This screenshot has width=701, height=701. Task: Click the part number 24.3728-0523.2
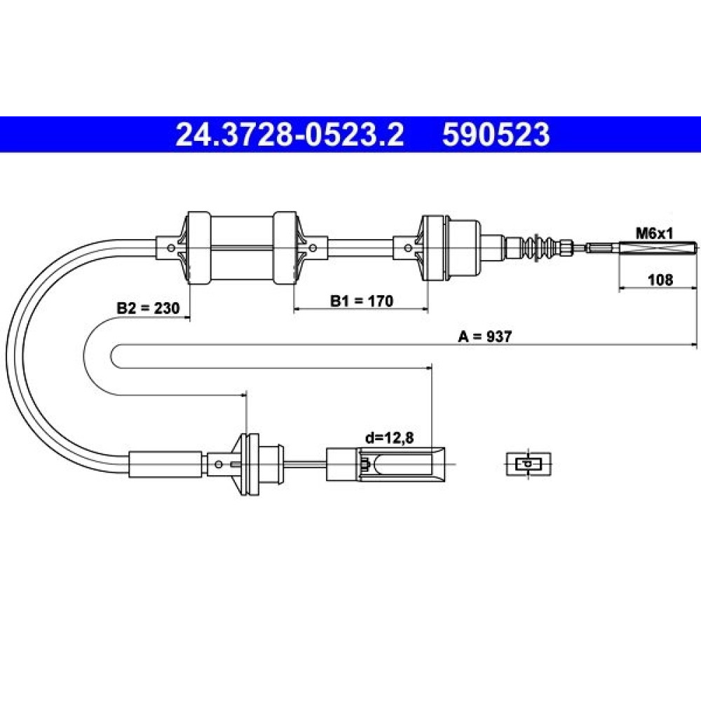pyautogui.click(x=290, y=135)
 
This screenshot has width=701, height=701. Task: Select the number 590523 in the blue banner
pyautogui.click(x=496, y=135)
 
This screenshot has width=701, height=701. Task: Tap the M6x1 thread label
pyautogui.click(x=655, y=233)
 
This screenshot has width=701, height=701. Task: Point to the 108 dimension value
pyautogui.click(x=660, y=280)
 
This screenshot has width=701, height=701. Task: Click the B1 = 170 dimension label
pyautogui.click(x=361, y=301)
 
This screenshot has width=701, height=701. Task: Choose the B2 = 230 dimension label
pyautogui.click(x=148, y=308)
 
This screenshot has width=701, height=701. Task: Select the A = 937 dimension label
pyautogui.click(x=484, y=336)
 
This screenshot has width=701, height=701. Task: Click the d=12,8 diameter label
pyautogui.click(x=389, y=438)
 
